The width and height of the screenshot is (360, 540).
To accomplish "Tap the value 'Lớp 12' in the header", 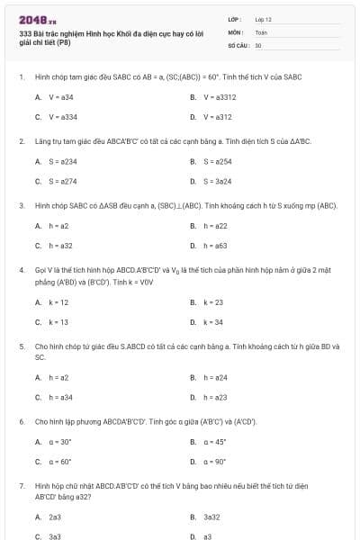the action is (x=263, y=18).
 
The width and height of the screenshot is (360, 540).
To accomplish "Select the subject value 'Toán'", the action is (x=261, y=31).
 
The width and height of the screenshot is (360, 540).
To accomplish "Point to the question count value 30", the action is (x=258, y=44).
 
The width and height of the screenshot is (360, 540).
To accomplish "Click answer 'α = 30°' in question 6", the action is (x=60, y=442).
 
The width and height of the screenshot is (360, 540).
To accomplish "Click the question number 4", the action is (x=21, y=269).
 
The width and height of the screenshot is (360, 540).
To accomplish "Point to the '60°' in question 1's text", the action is (x=215, y=77).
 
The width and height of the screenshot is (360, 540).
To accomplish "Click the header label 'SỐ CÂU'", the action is (x=238, y=44).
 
